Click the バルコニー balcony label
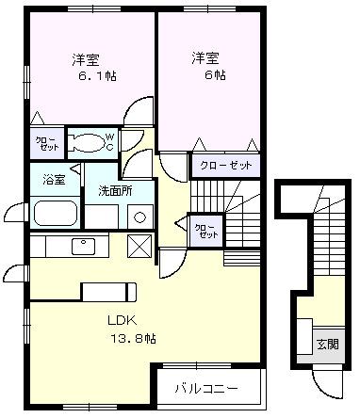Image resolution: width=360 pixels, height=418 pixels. point(206,388)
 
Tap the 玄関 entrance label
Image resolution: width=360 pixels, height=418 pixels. point(327,344)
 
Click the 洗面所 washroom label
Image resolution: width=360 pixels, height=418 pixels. point(116,191)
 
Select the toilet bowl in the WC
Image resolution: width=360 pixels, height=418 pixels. point(87,144)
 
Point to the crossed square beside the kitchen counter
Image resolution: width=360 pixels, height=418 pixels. point(139,246)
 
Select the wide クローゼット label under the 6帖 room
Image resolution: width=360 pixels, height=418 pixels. point(226,165)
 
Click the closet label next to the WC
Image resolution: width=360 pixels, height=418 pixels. point(45,143)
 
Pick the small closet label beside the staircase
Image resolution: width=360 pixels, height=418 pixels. point(203,230)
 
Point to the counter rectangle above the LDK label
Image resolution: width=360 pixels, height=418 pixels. point(110,290)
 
